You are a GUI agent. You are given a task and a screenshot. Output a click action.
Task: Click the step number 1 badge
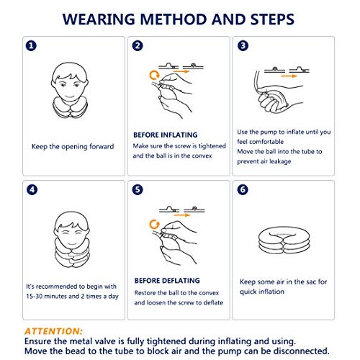pyautogui.click(x=31, y=46)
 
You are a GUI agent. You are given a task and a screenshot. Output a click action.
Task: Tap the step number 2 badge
pyautogui.click(x=137, y=46)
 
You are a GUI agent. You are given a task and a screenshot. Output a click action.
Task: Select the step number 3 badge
pyautogui.click(x=243, y=46)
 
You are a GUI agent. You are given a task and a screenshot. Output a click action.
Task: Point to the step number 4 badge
pyautogui.click(x=31, y=191)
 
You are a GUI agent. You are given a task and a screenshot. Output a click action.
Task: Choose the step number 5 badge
pyautogui.click(x=137, y=191)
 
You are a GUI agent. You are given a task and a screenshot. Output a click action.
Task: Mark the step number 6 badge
pyautogui.click(x=243, y=191)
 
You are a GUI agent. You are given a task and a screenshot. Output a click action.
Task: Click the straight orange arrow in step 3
pyautogui.click(x=290, y=74)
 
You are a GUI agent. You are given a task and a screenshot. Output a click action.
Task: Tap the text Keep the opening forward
pyautogui.click(x=73, y=147)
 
